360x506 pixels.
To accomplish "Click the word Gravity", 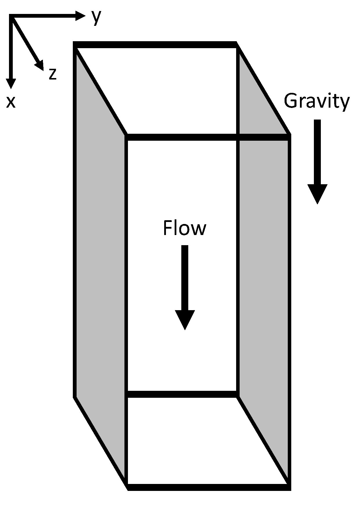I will pos(316,102).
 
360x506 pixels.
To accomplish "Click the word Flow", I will pos(184,228).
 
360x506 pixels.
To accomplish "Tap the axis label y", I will pos(96,17).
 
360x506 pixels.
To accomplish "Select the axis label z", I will pos(53,74).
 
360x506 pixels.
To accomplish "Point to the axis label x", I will pos(11,102).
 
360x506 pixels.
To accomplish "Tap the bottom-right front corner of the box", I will pos(289,487).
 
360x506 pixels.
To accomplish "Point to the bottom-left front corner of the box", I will pos(127,487).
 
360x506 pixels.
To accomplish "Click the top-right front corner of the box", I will pos(289,137).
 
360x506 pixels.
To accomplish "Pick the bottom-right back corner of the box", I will pos(237,394).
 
